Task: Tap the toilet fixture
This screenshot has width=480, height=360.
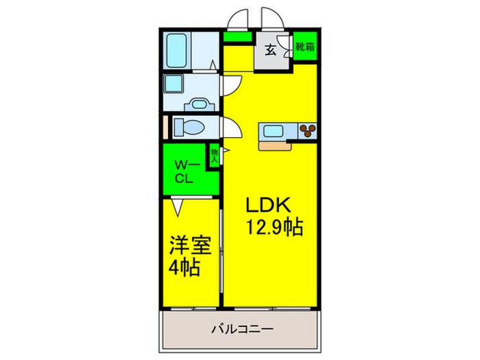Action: click(186, 128)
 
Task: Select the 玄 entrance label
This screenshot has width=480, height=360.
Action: click(271, 49)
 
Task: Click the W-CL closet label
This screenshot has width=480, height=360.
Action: click(183, 172)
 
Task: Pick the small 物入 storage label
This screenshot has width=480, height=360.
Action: click(215, 155)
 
